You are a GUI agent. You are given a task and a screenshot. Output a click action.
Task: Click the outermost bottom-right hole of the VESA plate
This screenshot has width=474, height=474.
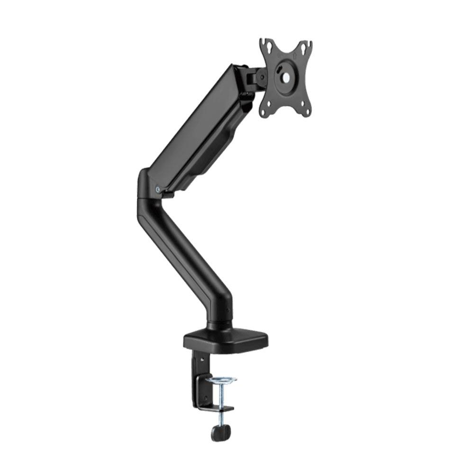pos(308,112)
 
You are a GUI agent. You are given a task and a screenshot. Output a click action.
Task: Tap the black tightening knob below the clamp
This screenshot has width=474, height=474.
pos(221,432)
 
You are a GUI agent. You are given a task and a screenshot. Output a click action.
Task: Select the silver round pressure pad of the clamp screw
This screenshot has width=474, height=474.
pos(221,380)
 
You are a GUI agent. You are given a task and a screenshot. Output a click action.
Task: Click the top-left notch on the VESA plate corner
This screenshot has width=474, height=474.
pos(263,41)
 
